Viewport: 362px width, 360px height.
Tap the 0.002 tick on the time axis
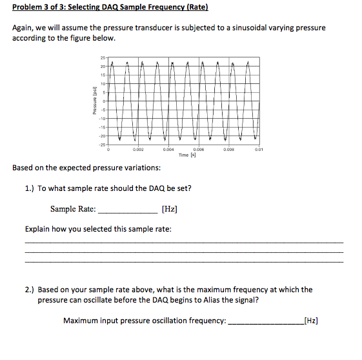pos(137,150)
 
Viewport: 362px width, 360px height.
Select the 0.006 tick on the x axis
pos(199,150)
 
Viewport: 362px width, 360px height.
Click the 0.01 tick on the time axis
pos(258,150)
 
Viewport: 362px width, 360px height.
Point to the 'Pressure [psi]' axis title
pos(94,101)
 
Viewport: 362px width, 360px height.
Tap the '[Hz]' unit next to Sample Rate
pos(170,209)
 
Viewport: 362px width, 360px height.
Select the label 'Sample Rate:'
pos(73,209)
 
